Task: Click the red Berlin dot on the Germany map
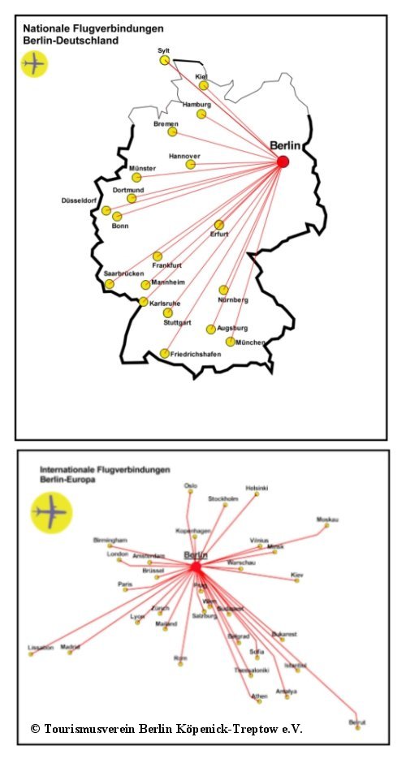tap(283, 162)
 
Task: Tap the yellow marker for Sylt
tap(165, 60)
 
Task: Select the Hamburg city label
tap(197, 105)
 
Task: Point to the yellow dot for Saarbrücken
tap(110, 284)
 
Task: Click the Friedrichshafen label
tap(196, 355)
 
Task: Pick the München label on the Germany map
tap(250, 343)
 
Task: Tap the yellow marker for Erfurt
tap(219, 225)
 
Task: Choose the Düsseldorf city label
tap(79, 200)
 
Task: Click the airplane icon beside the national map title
tap(34, 63)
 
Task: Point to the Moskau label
tap(328, 519)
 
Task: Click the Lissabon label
tap(41, 648)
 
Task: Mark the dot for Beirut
tap(357, 728)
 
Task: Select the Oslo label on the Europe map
tap(191, 485)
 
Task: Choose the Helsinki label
tap(257, 488)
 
